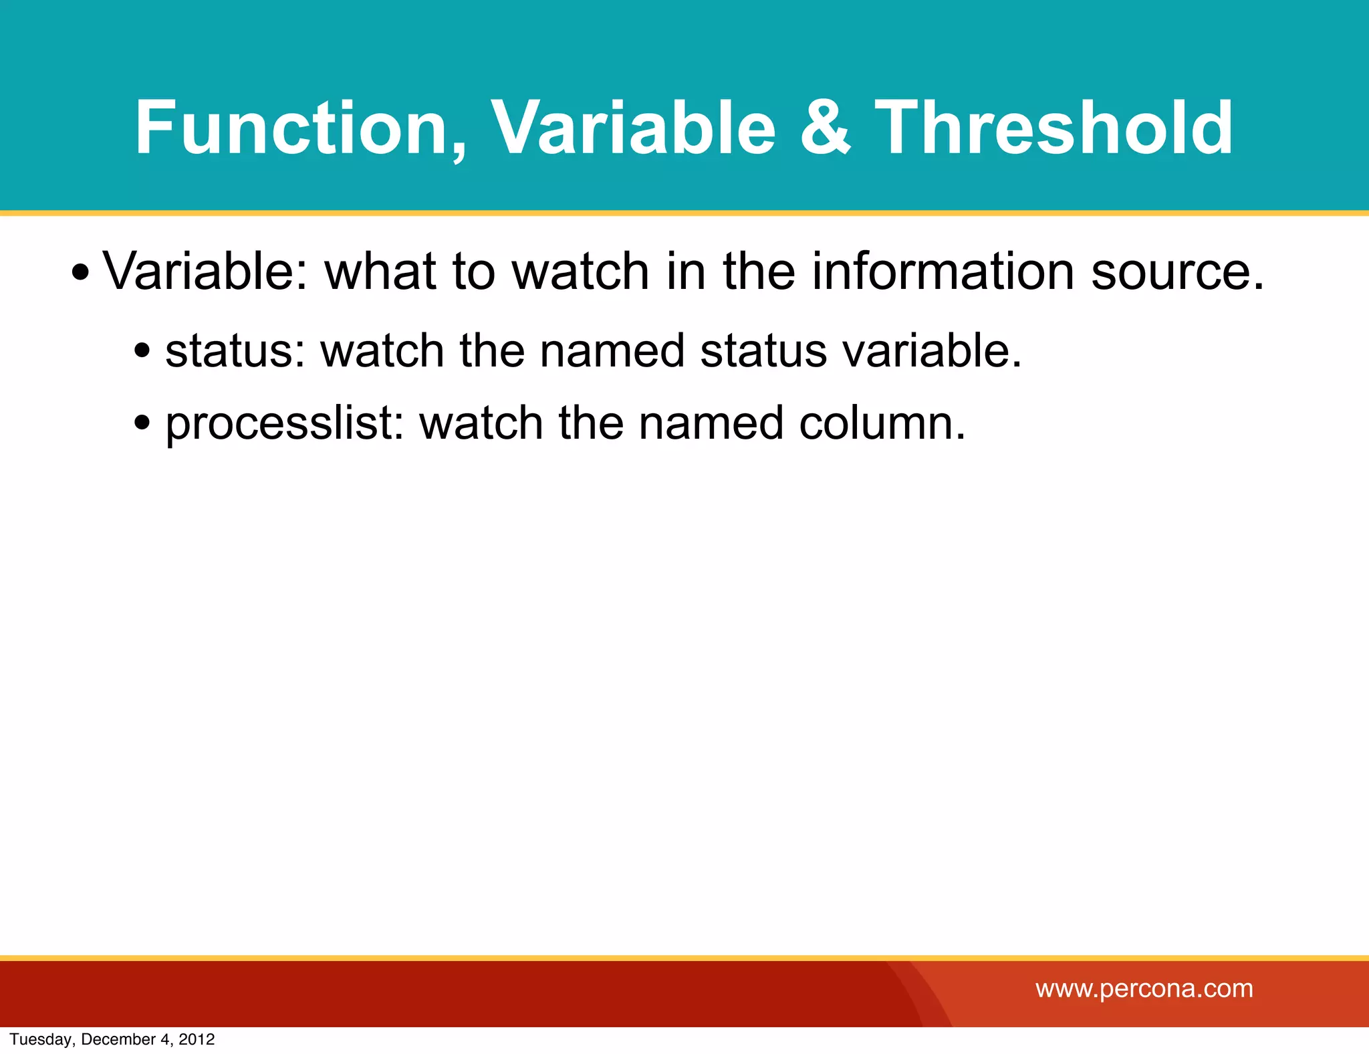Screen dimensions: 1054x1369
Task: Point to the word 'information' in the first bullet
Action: click(943, 272)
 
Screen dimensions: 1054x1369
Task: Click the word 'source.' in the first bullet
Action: click(1178, 273)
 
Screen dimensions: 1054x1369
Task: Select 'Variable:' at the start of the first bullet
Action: click(205, 272)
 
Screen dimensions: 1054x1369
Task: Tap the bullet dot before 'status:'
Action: click(142, 350)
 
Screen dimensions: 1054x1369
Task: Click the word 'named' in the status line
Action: click(612, 350)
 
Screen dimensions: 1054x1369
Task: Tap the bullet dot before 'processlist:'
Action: click(142, 423)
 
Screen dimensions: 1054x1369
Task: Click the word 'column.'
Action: click(882, 423)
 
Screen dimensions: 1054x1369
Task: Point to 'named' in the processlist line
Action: click(711, 423)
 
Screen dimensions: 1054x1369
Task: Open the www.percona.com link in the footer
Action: click(1144, 988)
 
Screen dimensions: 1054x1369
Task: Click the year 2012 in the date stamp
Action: click(197, 1039)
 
